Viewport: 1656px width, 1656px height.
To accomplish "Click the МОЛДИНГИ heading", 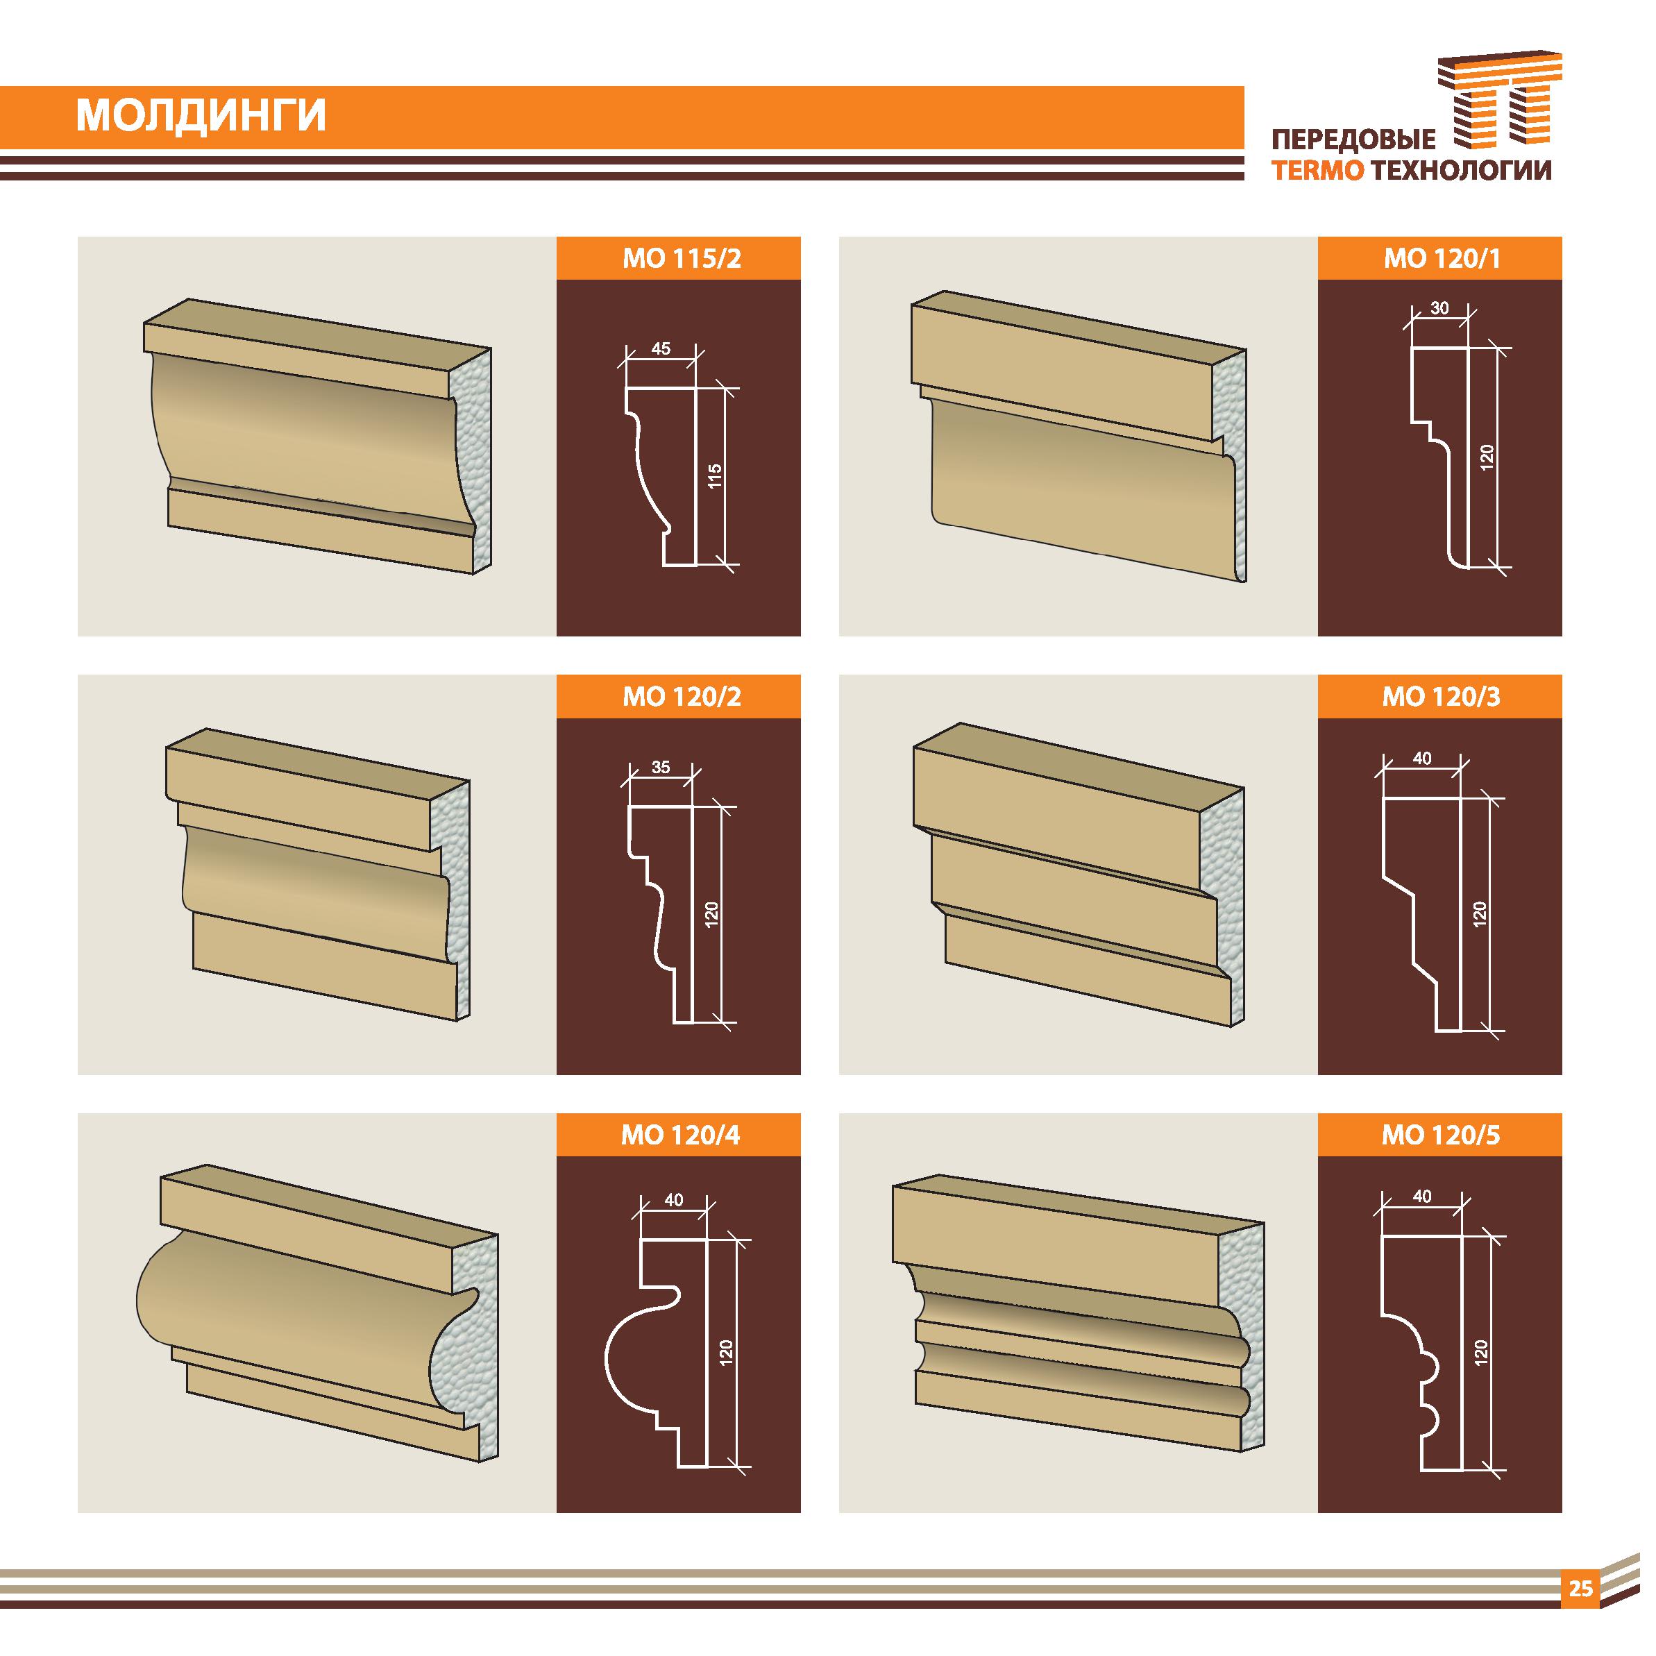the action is point(201,117).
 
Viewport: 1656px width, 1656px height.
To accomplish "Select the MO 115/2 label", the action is point(682,258).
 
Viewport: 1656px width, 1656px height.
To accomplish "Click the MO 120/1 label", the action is point(1442,258).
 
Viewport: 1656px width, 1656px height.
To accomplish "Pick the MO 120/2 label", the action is point(682,696).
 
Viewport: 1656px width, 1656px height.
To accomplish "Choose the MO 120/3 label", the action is point(1442,696).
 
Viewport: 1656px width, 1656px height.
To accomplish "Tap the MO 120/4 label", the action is point(681,1135).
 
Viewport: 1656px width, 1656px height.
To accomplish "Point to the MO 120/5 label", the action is point(1442,1135).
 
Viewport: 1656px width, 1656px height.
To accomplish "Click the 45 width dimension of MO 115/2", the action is point(661,349).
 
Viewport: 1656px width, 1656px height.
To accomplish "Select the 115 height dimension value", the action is point(716,475).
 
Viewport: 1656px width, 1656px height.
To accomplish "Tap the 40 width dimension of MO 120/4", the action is point(674,1200).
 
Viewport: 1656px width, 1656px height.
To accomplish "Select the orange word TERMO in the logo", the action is point(1317,171).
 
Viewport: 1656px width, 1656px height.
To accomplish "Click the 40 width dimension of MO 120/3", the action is point(1422,758).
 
